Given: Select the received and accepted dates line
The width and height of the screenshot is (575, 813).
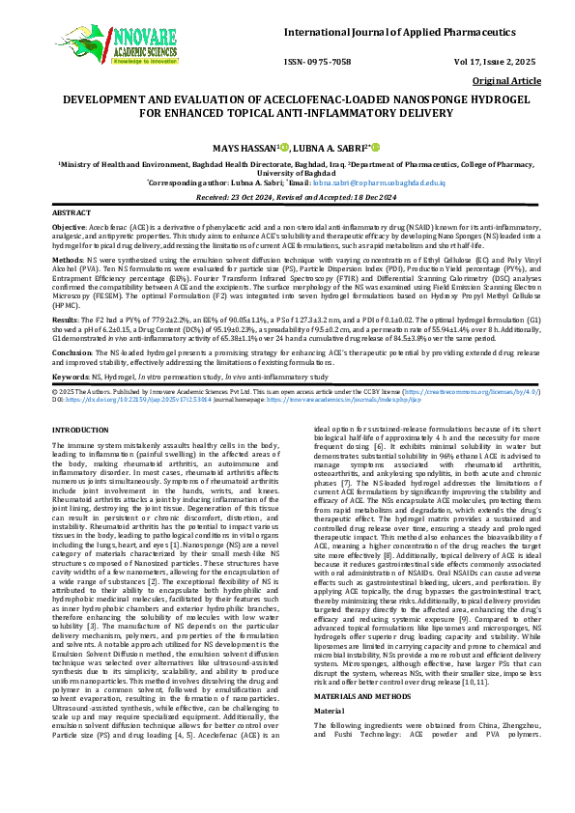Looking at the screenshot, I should [287, 195].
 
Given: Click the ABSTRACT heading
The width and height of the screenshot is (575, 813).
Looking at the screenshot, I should [71, 210].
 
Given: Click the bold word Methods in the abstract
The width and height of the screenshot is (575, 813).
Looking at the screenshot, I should [66, 260].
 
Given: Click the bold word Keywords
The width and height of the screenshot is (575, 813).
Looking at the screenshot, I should [70, 374].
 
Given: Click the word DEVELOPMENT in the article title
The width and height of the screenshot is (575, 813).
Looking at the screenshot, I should [111, 99].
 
